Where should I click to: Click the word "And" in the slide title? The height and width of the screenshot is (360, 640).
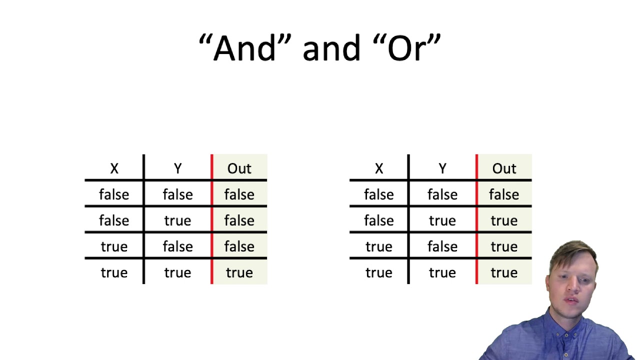coord(244,48)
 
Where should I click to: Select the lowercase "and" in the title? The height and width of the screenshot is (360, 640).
coord(331,48)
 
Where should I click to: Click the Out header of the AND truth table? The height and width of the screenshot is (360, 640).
coord(239,168)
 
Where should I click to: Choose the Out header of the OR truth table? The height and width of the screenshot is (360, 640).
coord(504,168)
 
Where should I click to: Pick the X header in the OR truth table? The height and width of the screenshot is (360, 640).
coord(378,168)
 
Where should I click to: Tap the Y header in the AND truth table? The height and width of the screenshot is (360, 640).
coord(177,168)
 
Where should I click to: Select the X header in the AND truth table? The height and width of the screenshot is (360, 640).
coord(114,168)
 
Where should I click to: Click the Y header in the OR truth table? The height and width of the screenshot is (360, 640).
coord(442,168)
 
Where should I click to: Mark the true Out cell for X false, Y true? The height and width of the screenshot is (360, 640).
coord(504,220)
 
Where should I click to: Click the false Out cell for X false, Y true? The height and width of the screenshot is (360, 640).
coord(239,220)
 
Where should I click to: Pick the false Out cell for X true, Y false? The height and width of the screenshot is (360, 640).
coord(239,246)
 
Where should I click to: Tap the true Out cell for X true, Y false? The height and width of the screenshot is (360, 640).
coord(504,246)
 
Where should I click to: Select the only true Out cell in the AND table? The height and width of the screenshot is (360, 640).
coord(239,272)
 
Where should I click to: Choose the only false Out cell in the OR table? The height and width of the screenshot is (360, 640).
coord(504,194)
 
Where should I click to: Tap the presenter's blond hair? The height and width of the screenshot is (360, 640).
coord(575,252)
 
